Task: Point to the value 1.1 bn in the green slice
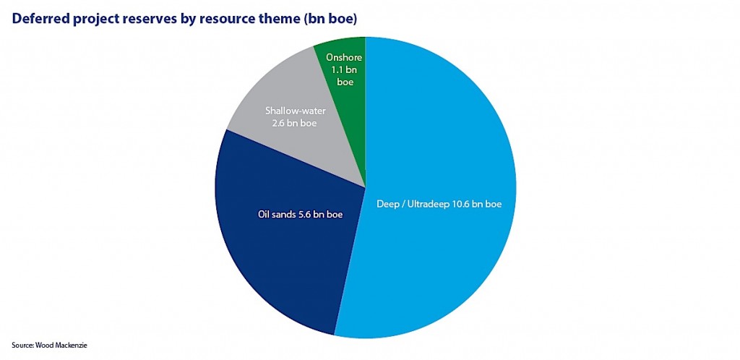tap(345, 70)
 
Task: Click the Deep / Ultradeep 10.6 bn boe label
tap(439, 204)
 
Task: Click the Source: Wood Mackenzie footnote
tap(49, 346)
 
